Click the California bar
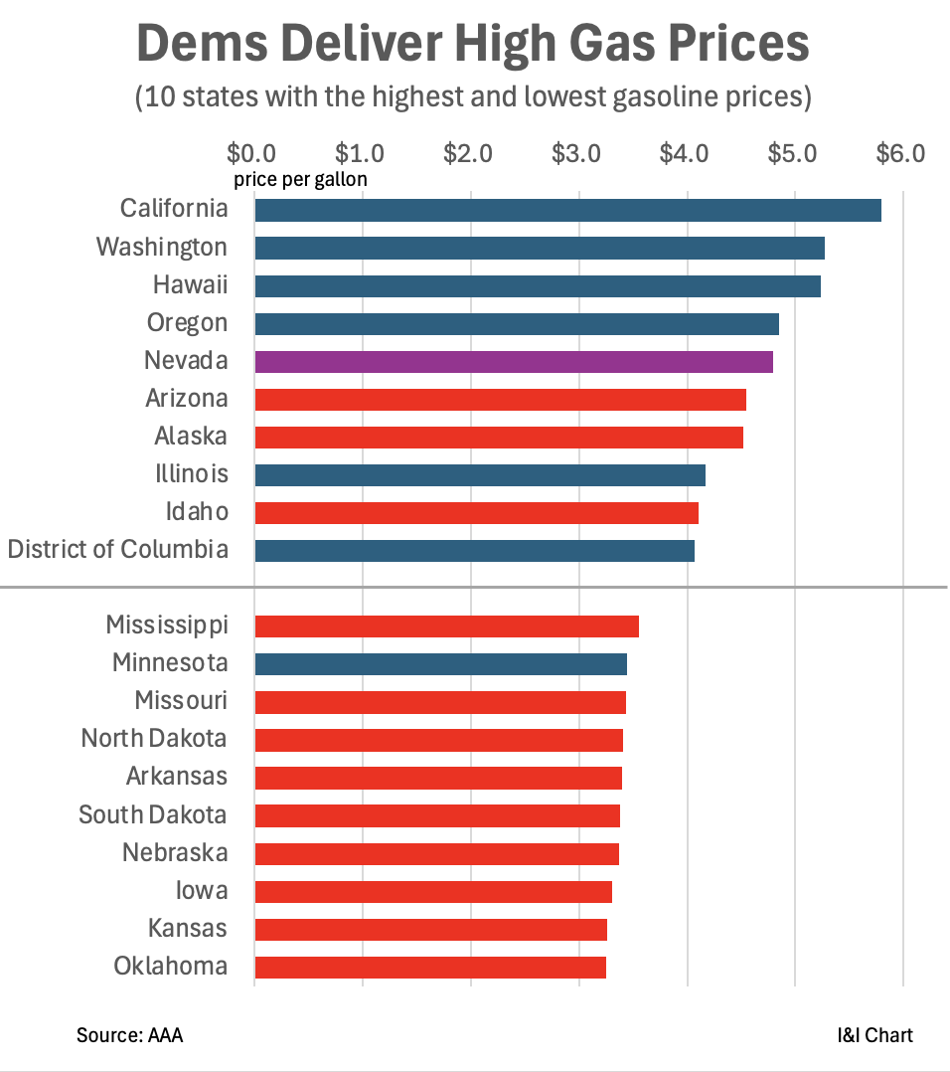(567, 210)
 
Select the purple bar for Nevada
(514, 361)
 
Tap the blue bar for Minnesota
(440, 663)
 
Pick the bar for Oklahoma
(430, 967)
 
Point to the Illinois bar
(480, 475)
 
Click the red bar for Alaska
(499, 438)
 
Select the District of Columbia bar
(474, 551)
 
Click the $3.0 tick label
(576, 154)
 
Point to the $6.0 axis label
(900, 154)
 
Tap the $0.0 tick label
(252, 154)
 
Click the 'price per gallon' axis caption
(300, 180)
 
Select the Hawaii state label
(190, 285)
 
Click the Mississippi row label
(167, 625)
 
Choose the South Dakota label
(153, 815)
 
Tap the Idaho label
(197, 512)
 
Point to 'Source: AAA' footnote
(129, 1035)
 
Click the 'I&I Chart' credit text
(874, 1035)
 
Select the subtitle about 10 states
(474, 98)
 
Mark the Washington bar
(540, 248)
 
